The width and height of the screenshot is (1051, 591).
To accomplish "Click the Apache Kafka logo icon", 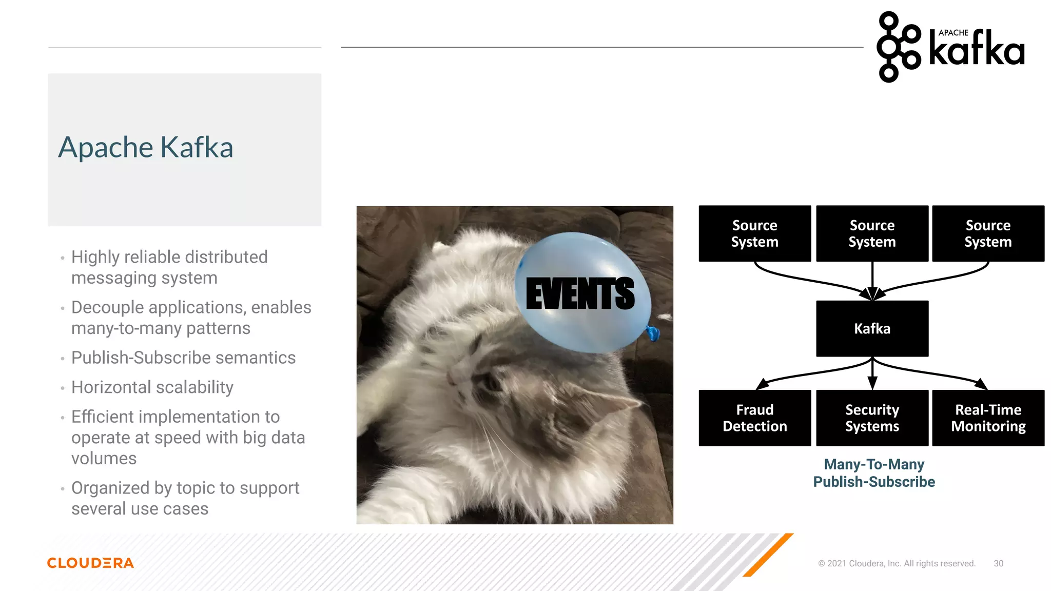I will coord(898,47).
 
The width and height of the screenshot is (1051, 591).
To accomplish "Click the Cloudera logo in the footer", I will coord(90,563).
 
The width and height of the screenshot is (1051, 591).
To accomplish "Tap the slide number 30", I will coord(998,563).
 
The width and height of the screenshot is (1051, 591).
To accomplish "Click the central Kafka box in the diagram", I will coord(872,328).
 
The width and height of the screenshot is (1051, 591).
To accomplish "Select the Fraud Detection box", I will coord(754,418).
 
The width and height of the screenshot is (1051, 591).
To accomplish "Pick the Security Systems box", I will coord(872,418).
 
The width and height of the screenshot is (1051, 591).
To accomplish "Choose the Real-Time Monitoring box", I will coord(988,418).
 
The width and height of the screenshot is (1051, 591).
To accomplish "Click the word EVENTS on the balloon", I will coord(580,293).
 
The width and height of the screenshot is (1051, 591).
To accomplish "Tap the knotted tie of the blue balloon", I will coord(653,333).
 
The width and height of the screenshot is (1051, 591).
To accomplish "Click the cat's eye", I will coord(491,382).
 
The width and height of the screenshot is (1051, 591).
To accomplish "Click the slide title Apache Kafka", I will coord(146,147).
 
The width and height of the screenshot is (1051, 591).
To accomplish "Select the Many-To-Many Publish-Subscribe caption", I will coord(874,473).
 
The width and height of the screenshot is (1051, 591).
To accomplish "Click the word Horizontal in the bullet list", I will coord(106,387).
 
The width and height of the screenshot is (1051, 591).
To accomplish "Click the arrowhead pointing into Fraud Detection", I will coord(763,384).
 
